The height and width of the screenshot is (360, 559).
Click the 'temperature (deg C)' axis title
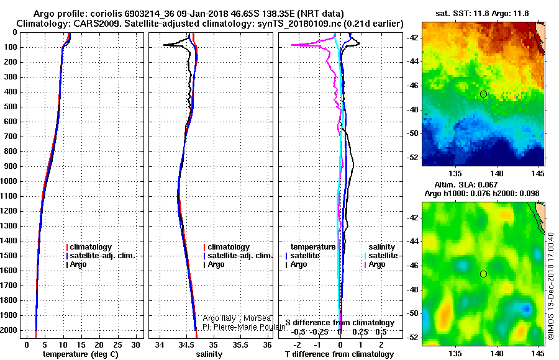click(81, 354)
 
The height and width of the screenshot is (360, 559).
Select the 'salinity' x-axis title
click(209, 354)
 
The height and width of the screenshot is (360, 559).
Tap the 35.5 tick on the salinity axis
click(240, 345)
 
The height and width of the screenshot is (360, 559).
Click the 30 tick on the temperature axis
click(135, 345)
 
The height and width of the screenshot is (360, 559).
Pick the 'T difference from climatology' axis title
click(339, 354)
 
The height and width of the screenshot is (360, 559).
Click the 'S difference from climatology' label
click(340, 323)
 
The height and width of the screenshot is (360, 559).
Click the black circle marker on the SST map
click(483, 94)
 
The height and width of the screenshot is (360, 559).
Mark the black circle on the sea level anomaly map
click(483, 274)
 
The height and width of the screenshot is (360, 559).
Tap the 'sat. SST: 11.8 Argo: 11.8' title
click(482, 14)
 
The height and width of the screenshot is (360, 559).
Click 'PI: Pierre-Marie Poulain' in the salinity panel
click(244, 327)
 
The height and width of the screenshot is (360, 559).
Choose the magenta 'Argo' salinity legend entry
click(375, 264)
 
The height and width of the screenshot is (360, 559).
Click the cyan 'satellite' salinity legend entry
click(381, 256)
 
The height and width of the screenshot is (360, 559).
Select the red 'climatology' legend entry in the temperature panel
click(89, 247)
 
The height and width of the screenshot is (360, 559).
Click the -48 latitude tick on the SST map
click(412, 110)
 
